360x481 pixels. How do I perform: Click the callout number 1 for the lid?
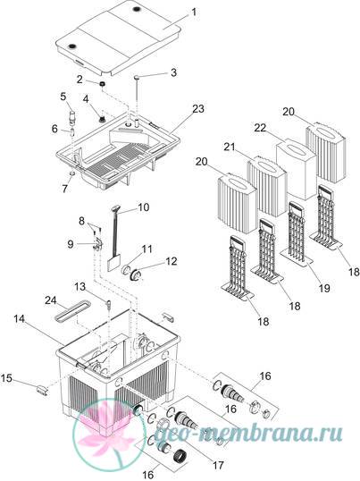coord(194,13)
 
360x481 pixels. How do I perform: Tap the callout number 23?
coord(198,108)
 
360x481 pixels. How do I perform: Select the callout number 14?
coord(19,319)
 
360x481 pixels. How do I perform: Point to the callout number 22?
coord(260,128)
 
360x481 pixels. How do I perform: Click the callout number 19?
coord(324,288)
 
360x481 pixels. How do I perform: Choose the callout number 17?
coord(218,465)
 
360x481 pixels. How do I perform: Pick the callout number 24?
coord(51,300)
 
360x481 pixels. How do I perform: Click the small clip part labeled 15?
coord(43,391)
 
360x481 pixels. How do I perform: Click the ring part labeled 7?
coord(72,174)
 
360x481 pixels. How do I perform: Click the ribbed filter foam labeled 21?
coord(266,185)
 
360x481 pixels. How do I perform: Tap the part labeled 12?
coord(135,274)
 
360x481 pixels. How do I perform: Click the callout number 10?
coord(143,207)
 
